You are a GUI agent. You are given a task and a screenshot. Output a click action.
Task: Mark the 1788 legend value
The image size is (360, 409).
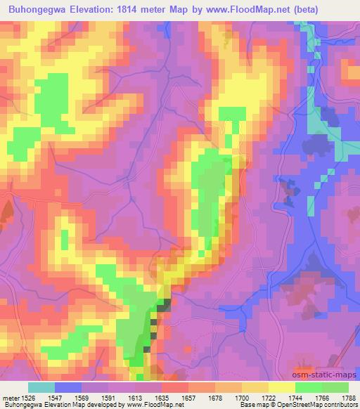click(x=348, y=398)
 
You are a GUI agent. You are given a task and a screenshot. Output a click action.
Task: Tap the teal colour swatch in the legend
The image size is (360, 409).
click(x=41, y=388)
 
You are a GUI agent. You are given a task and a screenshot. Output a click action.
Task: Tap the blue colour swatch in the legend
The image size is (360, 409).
click(x=67, y=388)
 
